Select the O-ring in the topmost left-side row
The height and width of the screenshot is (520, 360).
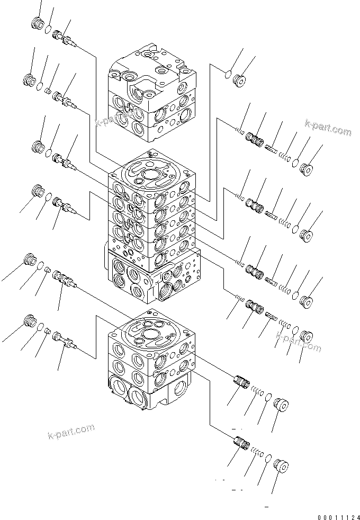pyautogui.click(x=48, y=29)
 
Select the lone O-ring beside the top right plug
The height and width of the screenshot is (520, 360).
pyautogui.click(x=228, y=75)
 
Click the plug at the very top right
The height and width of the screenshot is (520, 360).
pyautogui.click(x=240, y=80)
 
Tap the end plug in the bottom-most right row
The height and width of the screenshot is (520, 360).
pyautogui.click(x=282, y=468)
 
